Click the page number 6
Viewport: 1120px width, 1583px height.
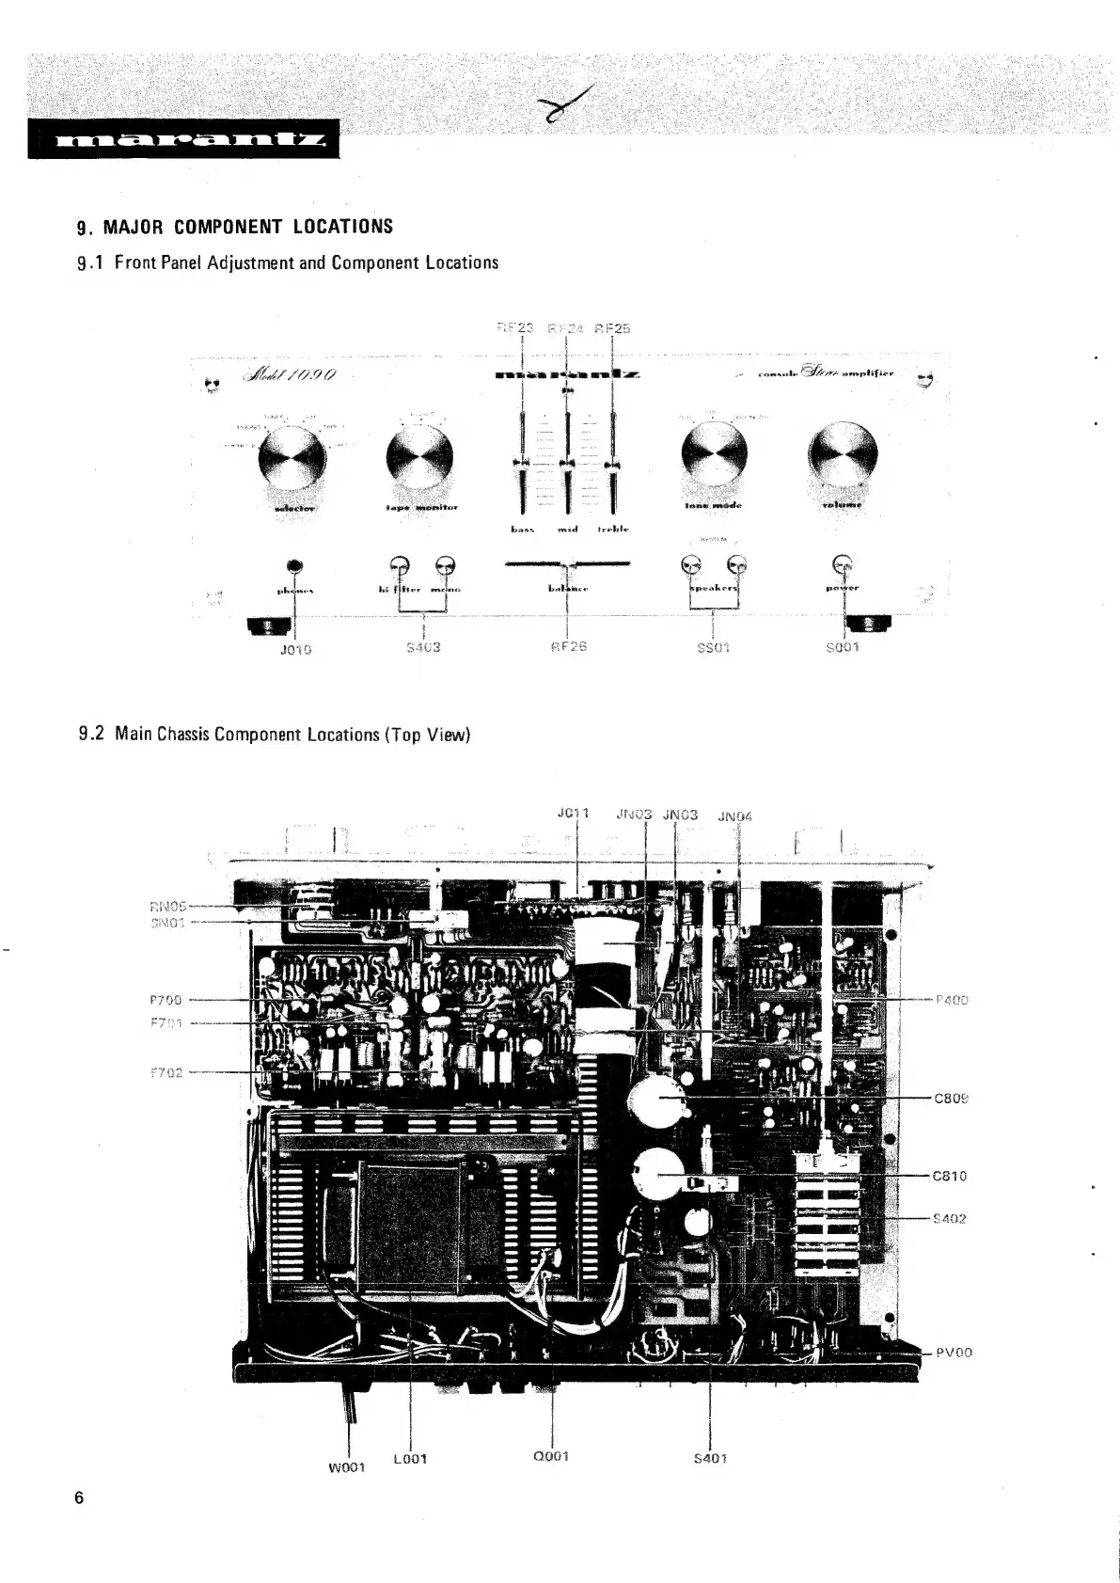pyautogui.click(x=80, y=1497)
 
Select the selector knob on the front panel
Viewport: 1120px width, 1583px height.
pyautogui.click(x=292, y=458)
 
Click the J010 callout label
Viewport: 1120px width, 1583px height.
pyautogui.click(x=297, y=649)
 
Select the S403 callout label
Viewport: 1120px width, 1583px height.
pyautogui.click(x=424, y=647)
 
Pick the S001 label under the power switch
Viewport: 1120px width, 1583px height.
pyautogui.click(x=843, y=647)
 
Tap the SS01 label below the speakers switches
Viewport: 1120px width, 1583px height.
pyautogui.click(x=715, y=647)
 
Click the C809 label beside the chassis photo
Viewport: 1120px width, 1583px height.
pyautogui.click(x=951, y=1098)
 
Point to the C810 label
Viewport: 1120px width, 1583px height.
pyautogui.click(x=950, y=1176)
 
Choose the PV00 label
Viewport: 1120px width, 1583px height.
pyautogui.click(x=953, y=1353)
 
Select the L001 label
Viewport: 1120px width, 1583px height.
pyautogui.click(x=410, y=1459)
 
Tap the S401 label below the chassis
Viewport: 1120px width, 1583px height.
pyautogui.click(x=710, y=1459)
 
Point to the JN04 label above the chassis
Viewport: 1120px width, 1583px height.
pyautogui.click(x=734, y=816)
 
